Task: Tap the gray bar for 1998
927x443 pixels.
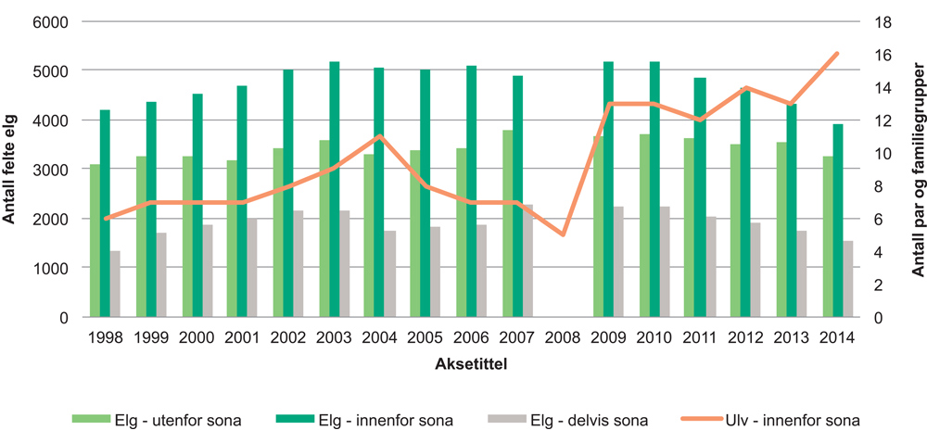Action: (x=115, y=284)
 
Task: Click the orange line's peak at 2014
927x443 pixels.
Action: (x=837, y=54)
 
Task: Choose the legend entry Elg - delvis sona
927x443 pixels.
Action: (x=575, y=421)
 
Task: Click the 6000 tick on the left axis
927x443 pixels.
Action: (x=52, y=21)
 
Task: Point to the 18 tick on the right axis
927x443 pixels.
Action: (x=884, y=21)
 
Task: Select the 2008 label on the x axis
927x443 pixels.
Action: (x=564, y=338)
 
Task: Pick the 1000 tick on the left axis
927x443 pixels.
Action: (x=52, y=268)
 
